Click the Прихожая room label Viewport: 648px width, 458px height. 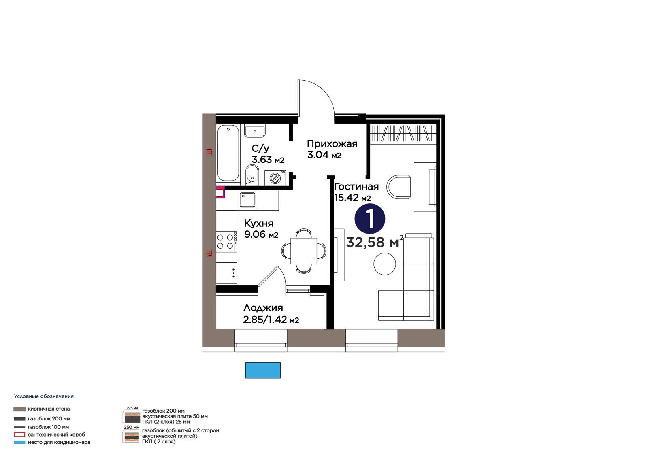click(332, 144)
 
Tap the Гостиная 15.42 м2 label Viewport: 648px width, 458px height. click(356, 192)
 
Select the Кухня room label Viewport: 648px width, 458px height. click(259, 223)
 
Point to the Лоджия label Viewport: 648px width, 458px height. click(263, 307)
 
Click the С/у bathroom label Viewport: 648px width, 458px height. click(260, 149)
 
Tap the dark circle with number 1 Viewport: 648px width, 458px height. click(370, 219)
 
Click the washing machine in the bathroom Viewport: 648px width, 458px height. click(275, 178)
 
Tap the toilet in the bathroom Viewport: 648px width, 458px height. click(252, 175)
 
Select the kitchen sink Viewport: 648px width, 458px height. click(247, 200)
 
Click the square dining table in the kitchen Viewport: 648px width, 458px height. click(304, 251)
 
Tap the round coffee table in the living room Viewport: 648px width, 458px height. click(384, 264)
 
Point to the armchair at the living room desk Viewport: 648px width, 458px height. click(399, 187)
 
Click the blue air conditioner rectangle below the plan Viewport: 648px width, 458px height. click(263, 370)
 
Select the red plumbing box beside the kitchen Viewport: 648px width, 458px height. click(220, 192)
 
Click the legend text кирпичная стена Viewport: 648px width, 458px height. click(49, 409)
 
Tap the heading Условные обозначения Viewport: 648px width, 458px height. click(44, 396)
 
